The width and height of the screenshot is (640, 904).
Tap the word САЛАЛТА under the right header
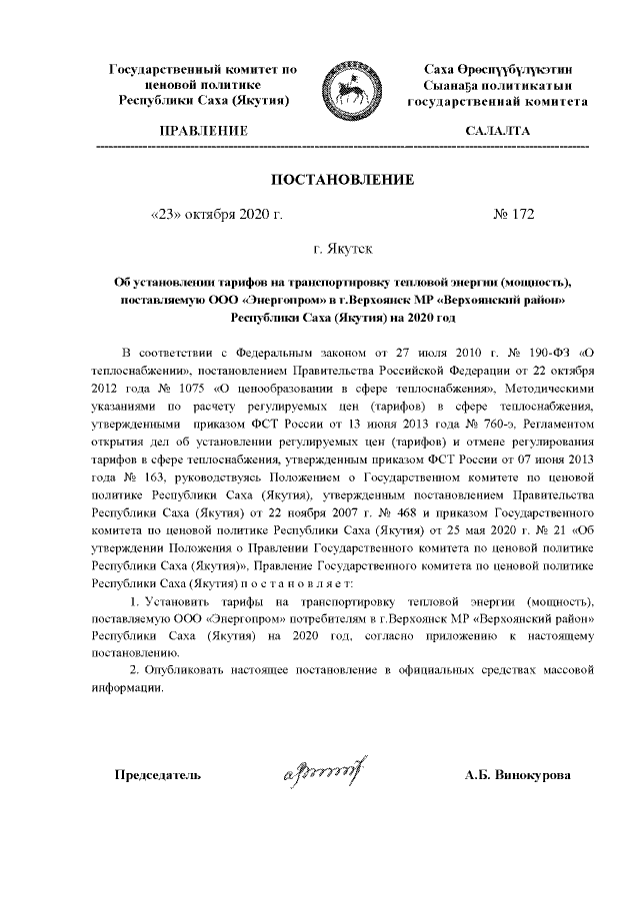coord(497,131)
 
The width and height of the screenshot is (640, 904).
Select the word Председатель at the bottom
coord(158,774)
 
